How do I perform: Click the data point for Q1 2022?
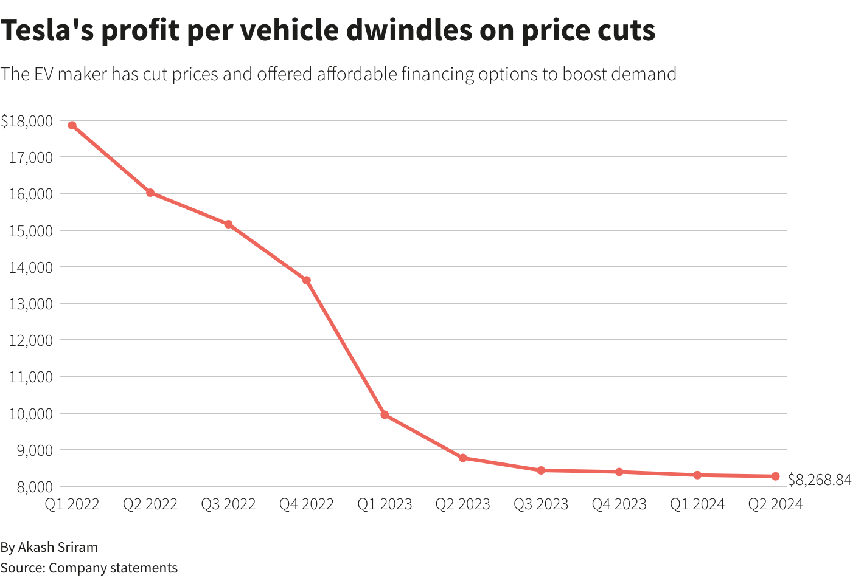tap(72, 125)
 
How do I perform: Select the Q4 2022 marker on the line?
tap(307, 280)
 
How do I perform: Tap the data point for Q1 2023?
tap(385, 415)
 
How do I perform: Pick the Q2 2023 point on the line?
tap(463, 458)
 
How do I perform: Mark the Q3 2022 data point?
tap(228, 224)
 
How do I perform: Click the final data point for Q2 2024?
tap(776, 476)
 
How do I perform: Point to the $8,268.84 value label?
tap(820, 480)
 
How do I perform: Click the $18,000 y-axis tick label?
tap(27, 121)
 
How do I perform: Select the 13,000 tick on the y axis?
tap(31, 304)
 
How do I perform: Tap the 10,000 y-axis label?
tap(31, 414)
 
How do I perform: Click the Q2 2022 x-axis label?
tap(150, 504)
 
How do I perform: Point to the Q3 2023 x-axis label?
tap(541, 504)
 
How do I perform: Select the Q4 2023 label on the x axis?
tap(619, 504)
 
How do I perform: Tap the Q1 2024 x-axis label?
tap(697, 504)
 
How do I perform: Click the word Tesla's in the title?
tap(46, 30)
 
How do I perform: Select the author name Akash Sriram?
tap(58, 547)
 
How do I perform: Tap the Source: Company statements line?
tap(89, 568)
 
